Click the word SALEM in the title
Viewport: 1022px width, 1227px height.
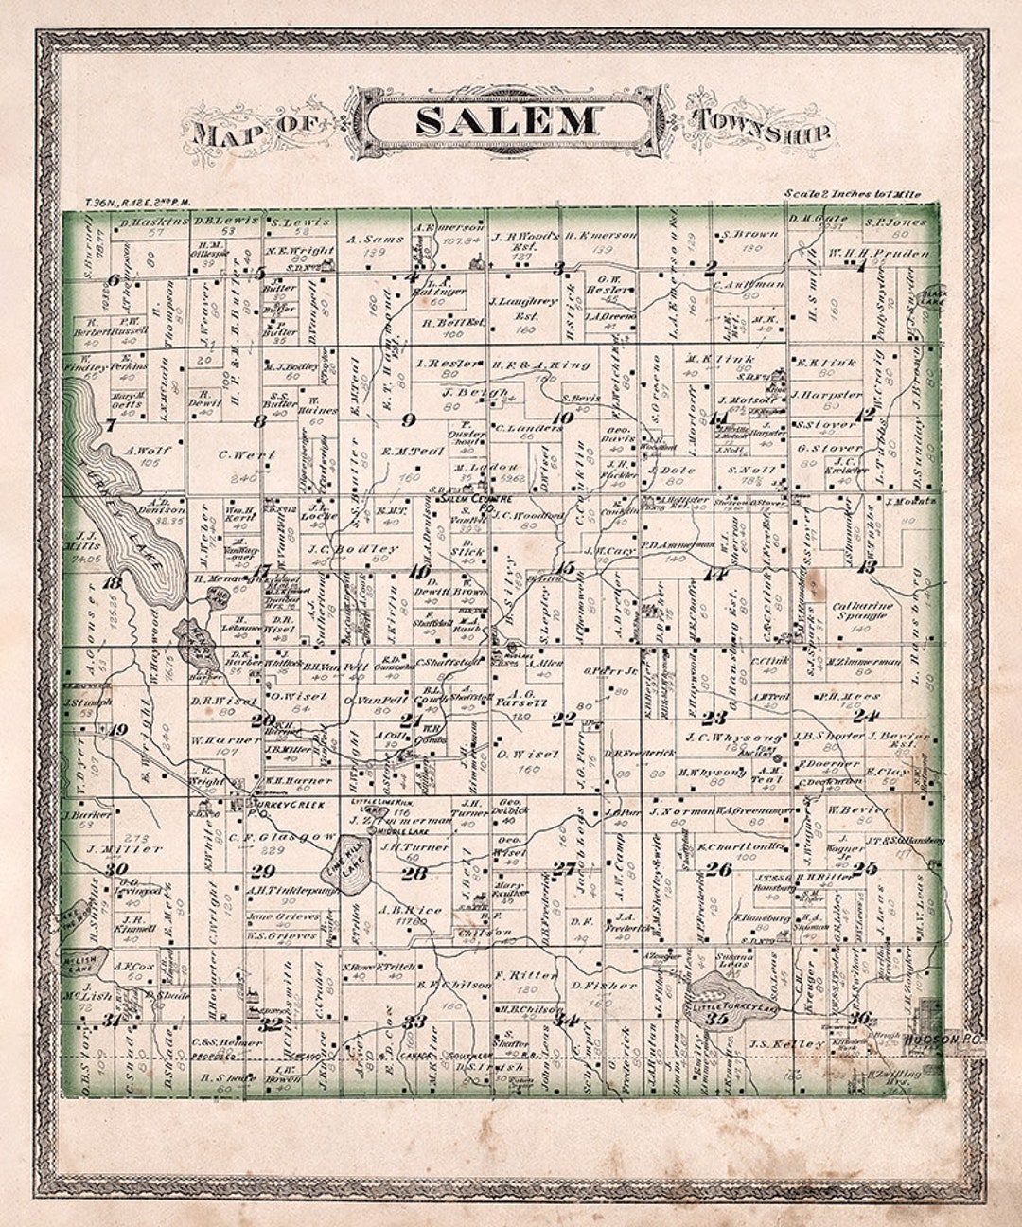pyautogui.click(x=507, y=121)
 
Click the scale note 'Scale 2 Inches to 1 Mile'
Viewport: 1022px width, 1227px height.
pyautogui.click(x=851, y=193)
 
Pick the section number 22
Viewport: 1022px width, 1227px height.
pyautogui.click(x=564, y=719)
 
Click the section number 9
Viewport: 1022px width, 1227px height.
pyautogui.click(x=409, y=418)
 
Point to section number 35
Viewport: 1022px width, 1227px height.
pyautogui.click(x=716, y=1020)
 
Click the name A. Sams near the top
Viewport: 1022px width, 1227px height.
pyautogui.click(x=376, y=240)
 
